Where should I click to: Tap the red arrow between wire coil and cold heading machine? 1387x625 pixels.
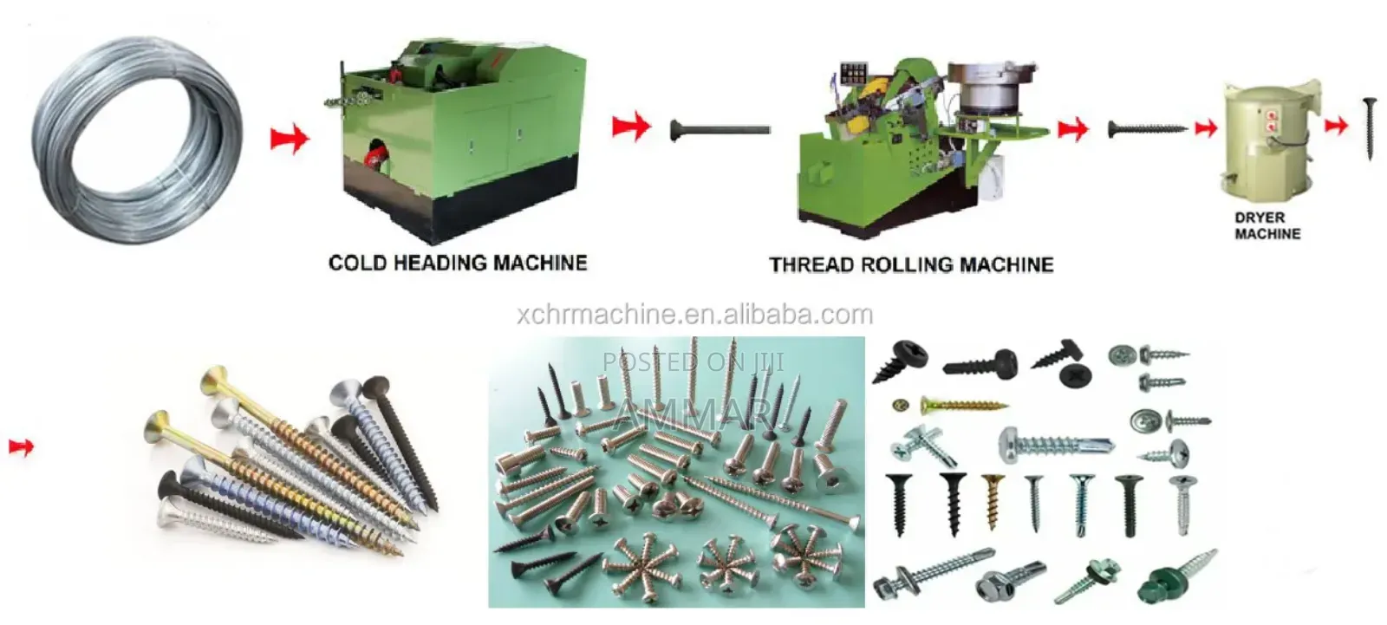[290, 138]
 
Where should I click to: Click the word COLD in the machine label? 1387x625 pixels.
[356, 263]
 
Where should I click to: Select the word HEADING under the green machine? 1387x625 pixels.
[439, 263]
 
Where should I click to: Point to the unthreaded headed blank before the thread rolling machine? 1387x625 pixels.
[720, 130]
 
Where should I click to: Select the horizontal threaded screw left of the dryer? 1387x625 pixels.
[1148, 129]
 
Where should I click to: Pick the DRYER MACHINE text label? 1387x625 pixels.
[1267, 226]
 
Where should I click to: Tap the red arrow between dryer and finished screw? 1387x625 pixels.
[1336, 126]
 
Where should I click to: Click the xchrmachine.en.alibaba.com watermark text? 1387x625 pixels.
[694, 315]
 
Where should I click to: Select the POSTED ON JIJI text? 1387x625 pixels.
[693, 361]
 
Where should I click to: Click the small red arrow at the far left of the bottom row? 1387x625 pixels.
[21, 446]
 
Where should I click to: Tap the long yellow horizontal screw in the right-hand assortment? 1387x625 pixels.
[963, 407]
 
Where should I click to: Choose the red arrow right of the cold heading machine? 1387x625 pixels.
[631, 127]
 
